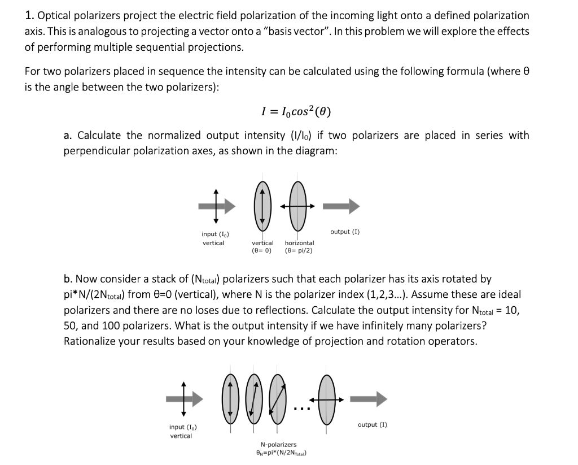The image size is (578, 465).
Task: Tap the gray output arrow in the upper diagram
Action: pyautogui.click(x=345, y=206)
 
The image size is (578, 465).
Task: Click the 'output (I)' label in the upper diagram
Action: pyautogui.click(x=345, y=232)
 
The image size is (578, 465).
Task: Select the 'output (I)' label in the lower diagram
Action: pyautogui.click(x=373, y=424)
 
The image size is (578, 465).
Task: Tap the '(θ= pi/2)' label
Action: pyautogui.click(x=299, y=250)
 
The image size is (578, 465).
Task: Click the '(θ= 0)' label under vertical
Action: pyautogui.click(x=261, y=250)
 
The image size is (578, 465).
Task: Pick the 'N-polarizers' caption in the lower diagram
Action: pyautogui.click(x=278, y=445)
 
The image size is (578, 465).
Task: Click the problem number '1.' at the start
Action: pyautogui.click(x=30, y=16)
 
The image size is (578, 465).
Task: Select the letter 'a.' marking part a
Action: pyautogui.click(x=67, y=136)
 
